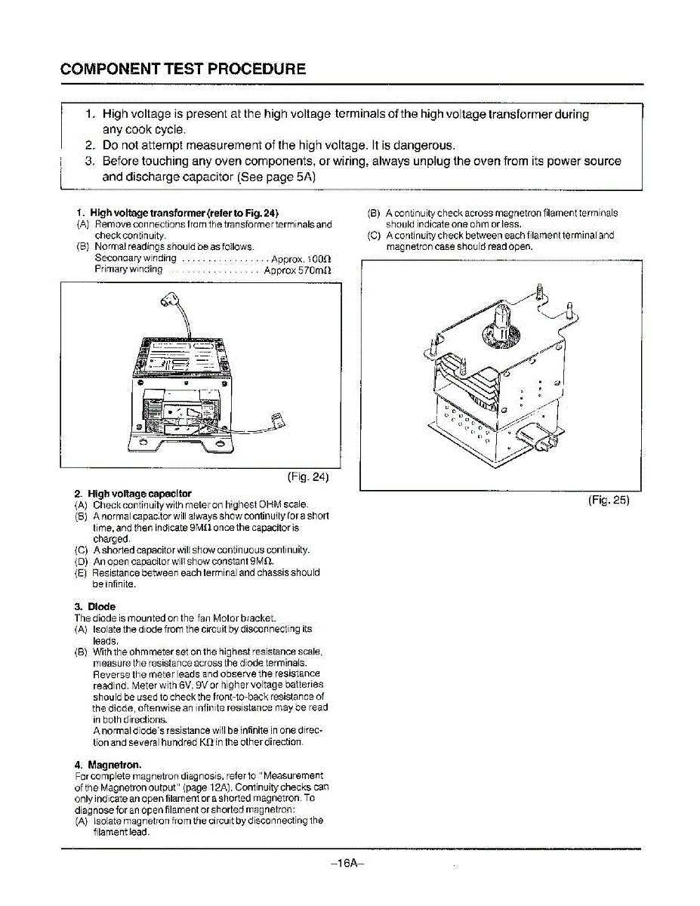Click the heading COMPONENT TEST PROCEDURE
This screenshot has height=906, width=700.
coord(183,69)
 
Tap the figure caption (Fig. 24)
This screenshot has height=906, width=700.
coord(308,477)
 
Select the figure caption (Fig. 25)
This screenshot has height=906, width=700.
coord(608,500)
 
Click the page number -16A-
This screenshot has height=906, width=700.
coord(348,864)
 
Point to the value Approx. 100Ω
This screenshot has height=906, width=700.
coord(301,258)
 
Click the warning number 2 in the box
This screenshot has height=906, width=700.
coord(89,145)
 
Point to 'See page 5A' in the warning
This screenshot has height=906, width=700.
coord(276,177)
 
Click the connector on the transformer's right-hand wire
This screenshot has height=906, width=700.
coord(277,418)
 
